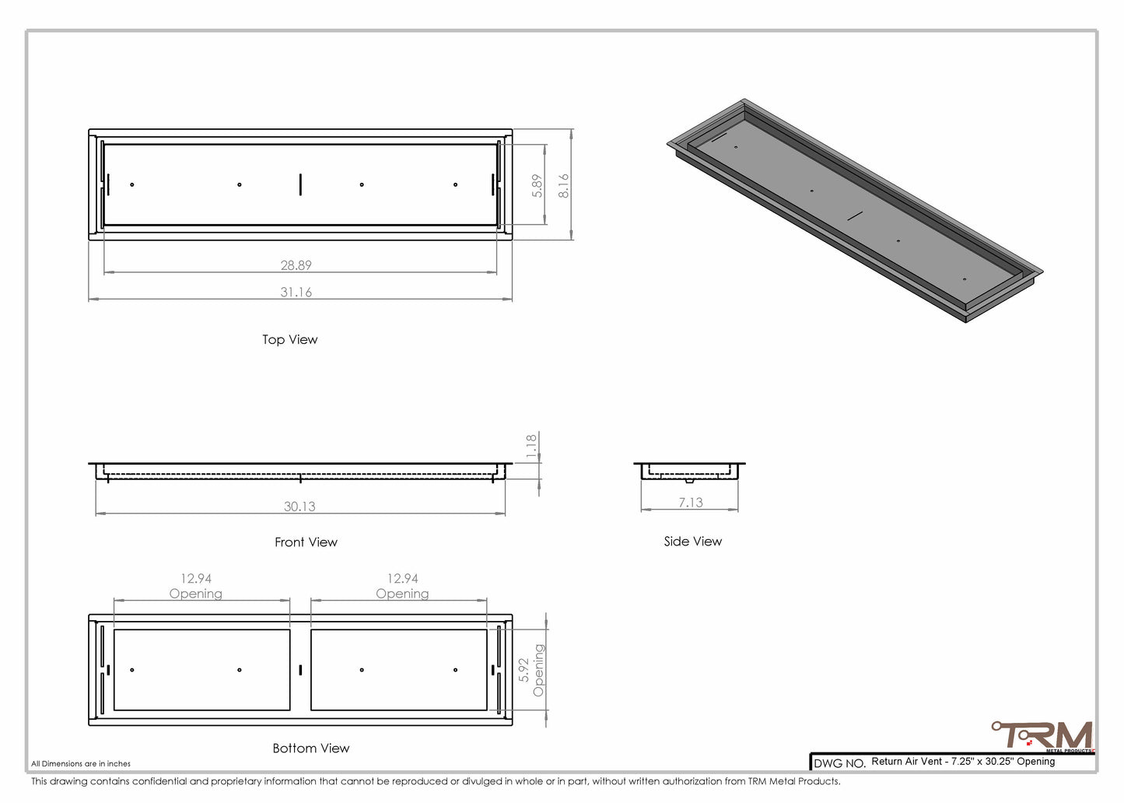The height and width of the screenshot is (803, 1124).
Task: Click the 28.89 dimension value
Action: (x=296, y=265)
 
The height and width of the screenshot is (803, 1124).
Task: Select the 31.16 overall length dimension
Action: (x=296, y=292)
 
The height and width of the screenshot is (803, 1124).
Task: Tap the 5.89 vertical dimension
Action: (x=537, y=186)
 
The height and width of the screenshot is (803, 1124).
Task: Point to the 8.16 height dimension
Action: (x=563, y=186)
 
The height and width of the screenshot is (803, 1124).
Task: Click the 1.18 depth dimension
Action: (x=531, y=446)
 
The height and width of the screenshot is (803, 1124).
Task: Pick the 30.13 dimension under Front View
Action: (x=299, y=507)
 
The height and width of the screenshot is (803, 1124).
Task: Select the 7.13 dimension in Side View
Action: (x=691, y=503)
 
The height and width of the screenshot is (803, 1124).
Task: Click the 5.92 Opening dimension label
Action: (x=531, y=670)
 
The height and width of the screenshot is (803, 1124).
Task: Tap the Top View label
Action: (x=290, y=340)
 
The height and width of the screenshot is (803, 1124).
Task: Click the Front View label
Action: (x=306, y=542)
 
